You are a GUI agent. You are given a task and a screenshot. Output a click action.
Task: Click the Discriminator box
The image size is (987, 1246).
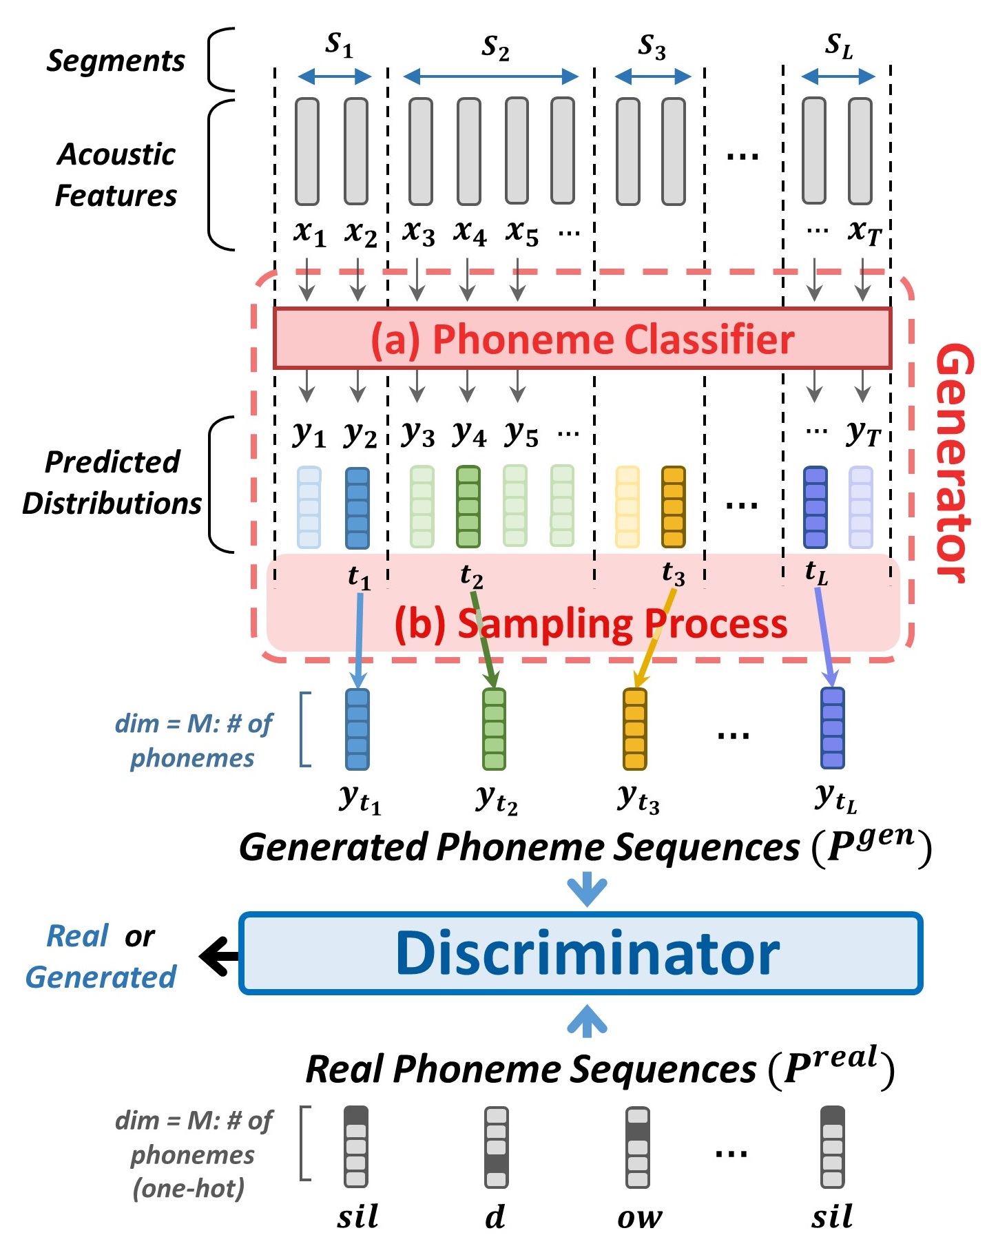coord(580,953)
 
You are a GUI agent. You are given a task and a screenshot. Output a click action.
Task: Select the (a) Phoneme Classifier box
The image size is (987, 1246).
coord(582,338)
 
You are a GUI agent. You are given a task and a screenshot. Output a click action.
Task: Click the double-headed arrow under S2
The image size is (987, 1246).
coord(490,76)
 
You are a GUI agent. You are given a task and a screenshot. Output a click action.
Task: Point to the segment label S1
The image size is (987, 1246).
coord(338,45)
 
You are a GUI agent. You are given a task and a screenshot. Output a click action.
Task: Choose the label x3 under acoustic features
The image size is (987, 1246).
coord(418,232)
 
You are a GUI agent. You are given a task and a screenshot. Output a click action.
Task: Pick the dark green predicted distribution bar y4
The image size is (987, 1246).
coord(468,506)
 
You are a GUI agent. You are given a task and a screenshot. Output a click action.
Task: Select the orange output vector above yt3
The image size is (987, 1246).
coord(634,729)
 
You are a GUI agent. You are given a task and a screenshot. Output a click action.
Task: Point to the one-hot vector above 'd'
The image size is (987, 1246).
coord(496,1147)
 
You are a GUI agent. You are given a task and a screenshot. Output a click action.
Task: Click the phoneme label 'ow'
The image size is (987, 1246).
coord(639,1218)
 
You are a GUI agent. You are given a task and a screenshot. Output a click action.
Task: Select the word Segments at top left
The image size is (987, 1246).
coord(116,61)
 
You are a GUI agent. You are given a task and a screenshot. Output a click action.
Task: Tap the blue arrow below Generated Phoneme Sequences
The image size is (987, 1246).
coord(586,889)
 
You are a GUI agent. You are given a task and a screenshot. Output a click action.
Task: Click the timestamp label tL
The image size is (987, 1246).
coord(816,572)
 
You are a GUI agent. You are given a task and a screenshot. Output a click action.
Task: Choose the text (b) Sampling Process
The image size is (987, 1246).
coord(590,624)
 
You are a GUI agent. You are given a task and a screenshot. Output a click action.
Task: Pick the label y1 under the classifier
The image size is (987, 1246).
coord(309,433)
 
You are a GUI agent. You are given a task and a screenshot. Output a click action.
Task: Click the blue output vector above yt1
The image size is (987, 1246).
coord(357,729)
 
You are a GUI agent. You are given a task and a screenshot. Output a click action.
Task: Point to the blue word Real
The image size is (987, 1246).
coord(77,936)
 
